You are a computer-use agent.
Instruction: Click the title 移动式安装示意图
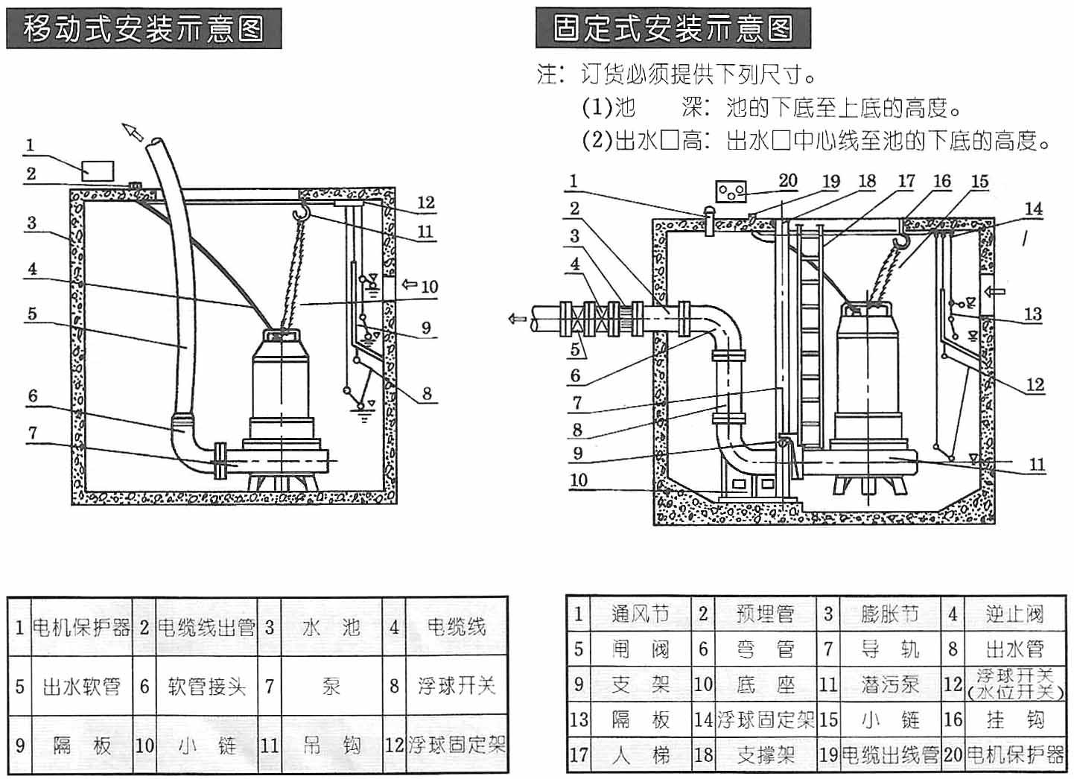144,29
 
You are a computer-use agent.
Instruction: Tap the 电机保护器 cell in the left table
81,627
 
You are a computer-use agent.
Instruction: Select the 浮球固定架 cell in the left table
457,744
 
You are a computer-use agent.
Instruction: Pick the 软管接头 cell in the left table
206,686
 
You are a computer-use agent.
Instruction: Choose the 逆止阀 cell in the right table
1014,614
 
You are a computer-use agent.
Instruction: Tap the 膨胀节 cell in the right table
890,614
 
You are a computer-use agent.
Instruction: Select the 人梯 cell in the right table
641,755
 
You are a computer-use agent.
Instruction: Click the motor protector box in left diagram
98,170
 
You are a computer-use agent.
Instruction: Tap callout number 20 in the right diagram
788,180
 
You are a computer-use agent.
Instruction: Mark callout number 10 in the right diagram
579,480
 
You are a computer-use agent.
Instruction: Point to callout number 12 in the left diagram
425,203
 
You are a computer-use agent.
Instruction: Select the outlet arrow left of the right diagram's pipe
516,319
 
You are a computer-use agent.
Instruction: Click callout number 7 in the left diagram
32,433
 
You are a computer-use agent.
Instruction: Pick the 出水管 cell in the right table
1014,649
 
